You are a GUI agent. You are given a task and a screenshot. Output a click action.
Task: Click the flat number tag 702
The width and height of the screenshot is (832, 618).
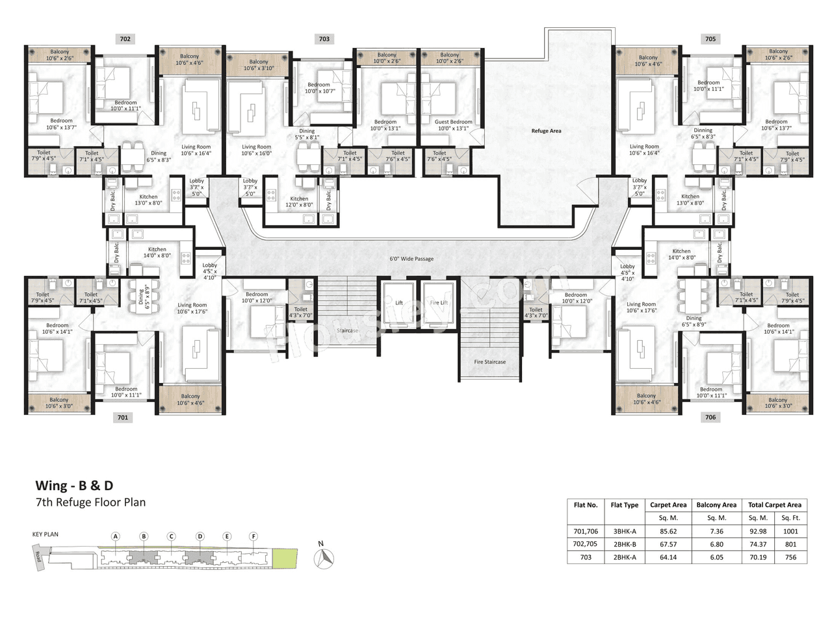click(x=125, y=39)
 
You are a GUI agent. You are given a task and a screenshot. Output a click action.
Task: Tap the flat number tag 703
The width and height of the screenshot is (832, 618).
click(x=324, y=39)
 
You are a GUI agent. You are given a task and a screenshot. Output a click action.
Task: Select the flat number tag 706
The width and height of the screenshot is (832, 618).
click(x=710, y=417)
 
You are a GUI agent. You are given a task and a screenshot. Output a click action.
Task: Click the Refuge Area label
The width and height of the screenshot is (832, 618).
click(x=546, y=131)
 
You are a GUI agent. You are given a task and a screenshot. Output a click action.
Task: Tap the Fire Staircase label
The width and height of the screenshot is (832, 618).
click(x=489, y=362)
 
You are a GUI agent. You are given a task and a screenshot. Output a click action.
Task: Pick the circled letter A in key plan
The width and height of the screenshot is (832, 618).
click(x=116, y=536)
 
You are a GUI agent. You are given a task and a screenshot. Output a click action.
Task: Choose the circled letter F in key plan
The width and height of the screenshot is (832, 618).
click(x=253, y=536)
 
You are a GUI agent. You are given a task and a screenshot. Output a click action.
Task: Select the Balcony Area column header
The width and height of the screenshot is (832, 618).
click(x=716, y=504)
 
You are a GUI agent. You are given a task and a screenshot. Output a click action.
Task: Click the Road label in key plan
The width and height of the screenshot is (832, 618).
click(x=39, y=557)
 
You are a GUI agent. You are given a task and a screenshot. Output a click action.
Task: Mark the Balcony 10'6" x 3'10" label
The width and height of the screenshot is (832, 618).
click(x=258, y=66)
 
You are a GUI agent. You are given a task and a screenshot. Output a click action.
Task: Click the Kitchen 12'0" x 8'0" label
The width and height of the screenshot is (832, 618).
click(x=299, y=202)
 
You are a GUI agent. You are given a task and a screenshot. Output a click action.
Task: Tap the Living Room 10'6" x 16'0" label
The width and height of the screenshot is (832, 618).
click(x=256, y=151)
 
